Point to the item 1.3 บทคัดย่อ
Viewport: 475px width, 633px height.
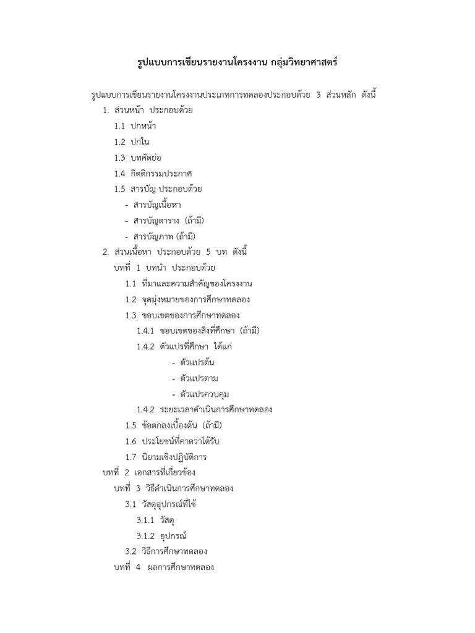[x=137, y=157]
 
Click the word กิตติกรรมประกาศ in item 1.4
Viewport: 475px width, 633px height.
[x=161, y=173]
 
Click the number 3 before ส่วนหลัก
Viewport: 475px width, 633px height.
[x=319, y=95]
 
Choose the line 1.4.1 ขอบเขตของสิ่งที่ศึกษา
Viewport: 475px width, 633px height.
[x=198, y=331]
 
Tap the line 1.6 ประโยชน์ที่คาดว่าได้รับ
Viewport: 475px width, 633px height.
[x=173, y=441]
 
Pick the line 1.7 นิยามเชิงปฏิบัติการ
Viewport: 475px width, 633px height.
[x=166, y=457]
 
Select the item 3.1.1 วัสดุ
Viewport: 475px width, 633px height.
[x=155, y=520]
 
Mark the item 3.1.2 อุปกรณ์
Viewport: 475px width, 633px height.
[x=161, y=536]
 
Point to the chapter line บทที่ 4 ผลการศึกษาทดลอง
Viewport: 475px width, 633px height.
[x=164, y=567]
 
